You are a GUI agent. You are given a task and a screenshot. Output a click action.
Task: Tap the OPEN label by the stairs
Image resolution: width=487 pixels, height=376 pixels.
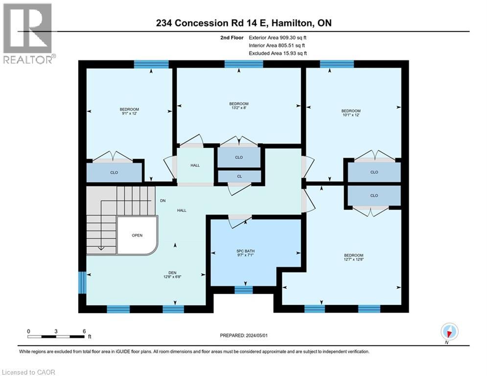[x=137, y=235]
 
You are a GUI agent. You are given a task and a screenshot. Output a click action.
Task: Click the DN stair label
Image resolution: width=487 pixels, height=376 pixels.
[x=163, y=201]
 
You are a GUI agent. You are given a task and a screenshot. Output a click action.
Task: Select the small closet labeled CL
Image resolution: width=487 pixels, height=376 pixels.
[x=239, y=176]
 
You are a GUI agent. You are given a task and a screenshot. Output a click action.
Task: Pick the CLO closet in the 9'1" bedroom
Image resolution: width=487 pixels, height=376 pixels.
[x=114, y=172]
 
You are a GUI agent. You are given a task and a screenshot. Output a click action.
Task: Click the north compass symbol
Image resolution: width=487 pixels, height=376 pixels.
[x=448, y=332]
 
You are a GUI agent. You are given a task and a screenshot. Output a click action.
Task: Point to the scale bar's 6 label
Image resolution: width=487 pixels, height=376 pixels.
[x=84, y=331]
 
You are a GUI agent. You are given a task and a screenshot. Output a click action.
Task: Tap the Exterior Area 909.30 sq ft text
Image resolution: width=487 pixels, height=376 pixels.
[x=278, y=37]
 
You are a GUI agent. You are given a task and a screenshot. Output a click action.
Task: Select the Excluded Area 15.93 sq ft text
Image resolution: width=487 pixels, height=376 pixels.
[x=278, y=53]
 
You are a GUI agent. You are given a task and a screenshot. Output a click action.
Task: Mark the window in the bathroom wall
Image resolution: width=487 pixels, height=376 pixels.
[x=243, y=290]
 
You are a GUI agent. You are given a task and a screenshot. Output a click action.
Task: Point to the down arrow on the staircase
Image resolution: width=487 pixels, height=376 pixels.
[x=101, y=247]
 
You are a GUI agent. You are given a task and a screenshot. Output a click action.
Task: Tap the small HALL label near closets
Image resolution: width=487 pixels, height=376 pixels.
[x=195, y=165]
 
